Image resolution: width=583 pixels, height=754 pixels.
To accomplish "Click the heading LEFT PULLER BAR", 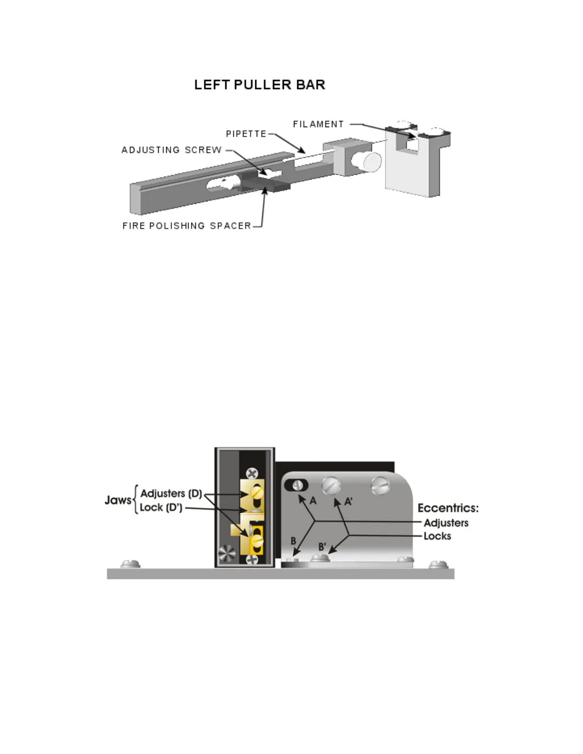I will point(260,85).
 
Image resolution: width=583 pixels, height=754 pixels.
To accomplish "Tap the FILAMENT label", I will point(318,124).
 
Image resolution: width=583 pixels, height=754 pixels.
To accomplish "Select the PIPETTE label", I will point(246,134).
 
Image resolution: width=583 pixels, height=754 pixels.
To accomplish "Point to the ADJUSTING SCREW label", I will point(171,150).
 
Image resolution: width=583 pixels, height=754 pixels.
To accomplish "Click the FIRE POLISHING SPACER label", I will point(187,226).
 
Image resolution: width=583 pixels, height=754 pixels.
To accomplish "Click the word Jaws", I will point(118,500).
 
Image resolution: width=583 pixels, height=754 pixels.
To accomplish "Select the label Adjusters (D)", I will point(171,494).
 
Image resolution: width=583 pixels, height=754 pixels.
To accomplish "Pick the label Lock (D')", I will point(161,508).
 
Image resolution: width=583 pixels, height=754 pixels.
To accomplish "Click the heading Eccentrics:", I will point(448,508).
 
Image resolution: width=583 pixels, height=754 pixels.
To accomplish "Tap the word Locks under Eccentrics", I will point(437,536).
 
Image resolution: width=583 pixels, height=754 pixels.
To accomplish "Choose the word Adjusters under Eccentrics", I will point(446,523).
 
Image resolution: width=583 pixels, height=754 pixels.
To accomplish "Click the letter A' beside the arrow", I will point(349,501).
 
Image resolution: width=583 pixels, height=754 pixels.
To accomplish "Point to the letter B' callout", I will point(322,547).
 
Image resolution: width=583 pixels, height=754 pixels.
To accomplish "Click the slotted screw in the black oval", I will point(297,485).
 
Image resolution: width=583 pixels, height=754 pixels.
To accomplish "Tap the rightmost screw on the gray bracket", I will point(381,486).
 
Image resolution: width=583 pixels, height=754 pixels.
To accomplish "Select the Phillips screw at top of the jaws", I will point(252,473).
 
